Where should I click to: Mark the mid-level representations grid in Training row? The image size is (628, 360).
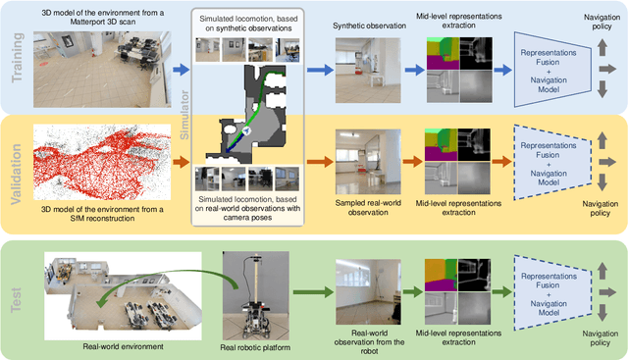[458, 69]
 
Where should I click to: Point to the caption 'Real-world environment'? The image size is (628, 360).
[118, 344]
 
